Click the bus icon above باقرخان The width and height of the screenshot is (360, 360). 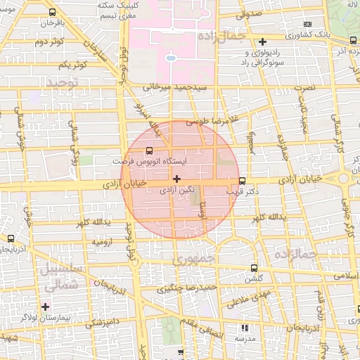click(x=53, y=13)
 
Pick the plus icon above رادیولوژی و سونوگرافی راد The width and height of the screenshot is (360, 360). click(x=263, y=41)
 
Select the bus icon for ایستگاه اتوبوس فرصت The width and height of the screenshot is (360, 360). click(x=148, y=150)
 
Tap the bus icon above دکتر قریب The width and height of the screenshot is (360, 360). click(x=243, y=180)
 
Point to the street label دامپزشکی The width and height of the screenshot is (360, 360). click(x=101, y=323)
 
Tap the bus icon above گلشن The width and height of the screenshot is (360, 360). click(x=254, y=268)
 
